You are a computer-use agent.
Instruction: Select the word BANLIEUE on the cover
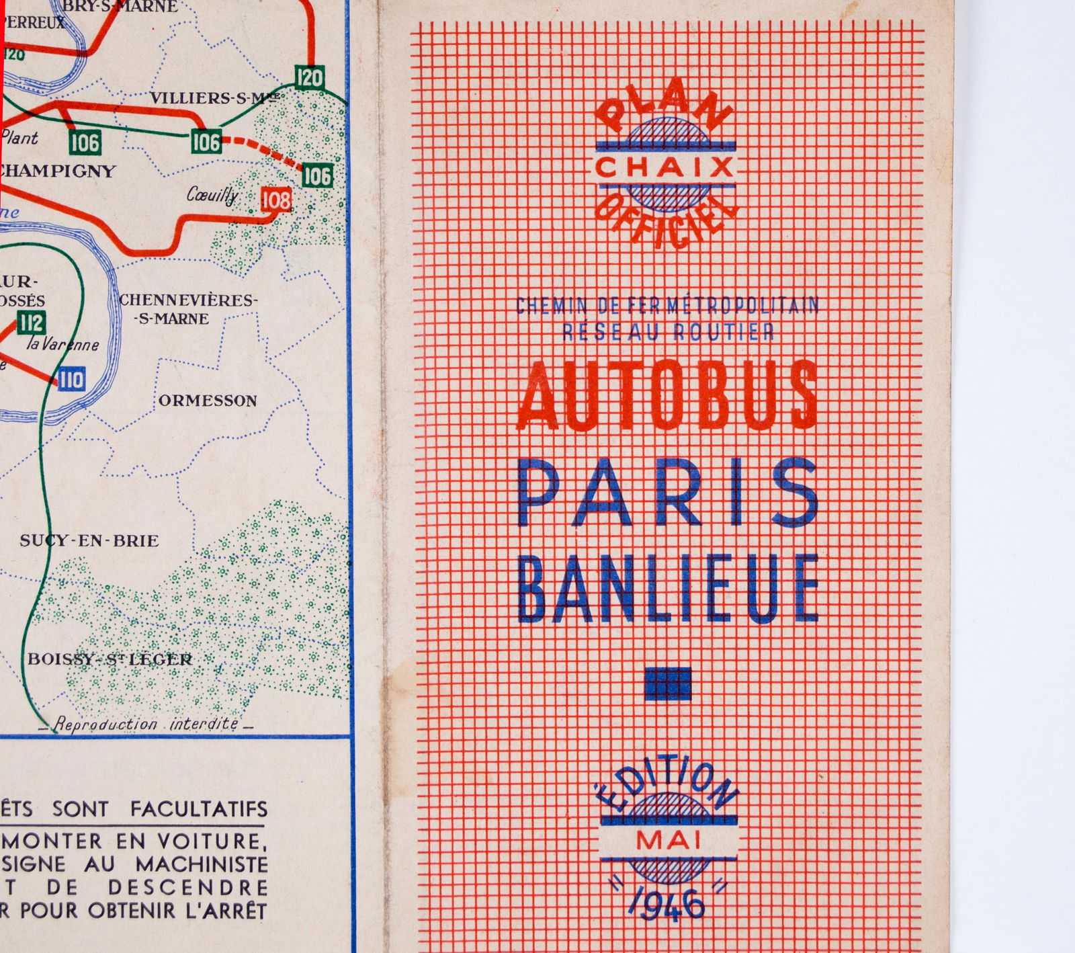[x=669, y=588]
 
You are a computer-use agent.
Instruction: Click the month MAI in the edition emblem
[x=668, y=840]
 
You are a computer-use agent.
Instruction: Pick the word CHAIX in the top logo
[x=664, y=167]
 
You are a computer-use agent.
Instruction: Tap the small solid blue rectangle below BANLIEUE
[x=667, y=683]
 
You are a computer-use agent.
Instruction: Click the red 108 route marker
[x=276, y=200]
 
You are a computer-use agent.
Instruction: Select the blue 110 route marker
[x=71, y=380]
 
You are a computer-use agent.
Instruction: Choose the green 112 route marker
[x=31, y=323]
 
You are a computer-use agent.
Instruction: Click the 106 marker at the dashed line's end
[x=317, y=176]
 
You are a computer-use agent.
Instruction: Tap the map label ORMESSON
[x=208, y=401]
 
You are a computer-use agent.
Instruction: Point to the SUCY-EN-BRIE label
[x=89, y=541]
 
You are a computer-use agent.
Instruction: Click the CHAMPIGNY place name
[x=58, y=171]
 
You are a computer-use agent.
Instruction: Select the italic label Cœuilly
[x=212, y=196]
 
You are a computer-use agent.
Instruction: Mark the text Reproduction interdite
[x=146, y=724]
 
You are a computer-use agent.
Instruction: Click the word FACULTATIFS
[x=199, y=809]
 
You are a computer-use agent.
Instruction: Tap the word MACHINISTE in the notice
[x=202, y=864]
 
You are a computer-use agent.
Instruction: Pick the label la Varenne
[x=62, y=345]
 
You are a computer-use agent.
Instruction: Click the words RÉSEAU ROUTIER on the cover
[x=668, y=331]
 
